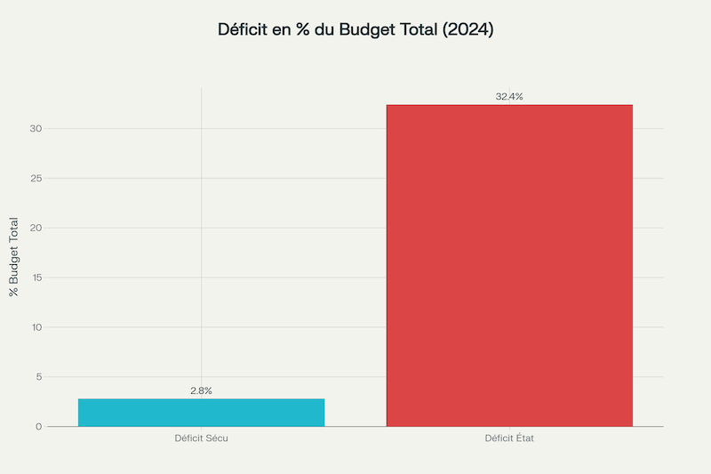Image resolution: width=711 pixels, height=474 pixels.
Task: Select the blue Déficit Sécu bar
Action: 201,413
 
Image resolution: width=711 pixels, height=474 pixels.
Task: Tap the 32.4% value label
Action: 509,96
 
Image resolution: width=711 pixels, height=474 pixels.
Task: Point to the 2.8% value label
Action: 201,390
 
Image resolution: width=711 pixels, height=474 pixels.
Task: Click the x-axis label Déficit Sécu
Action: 201,438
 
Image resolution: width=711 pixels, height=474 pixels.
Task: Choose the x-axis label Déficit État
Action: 509,438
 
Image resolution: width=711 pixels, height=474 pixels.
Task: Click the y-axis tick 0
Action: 39,427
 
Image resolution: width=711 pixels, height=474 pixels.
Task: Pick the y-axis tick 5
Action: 39,377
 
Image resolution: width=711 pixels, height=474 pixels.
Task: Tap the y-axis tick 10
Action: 36,327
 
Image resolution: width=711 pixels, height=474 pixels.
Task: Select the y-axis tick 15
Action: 36,277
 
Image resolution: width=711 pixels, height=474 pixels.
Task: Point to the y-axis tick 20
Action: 36,228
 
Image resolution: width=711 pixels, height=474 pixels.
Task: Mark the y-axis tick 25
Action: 36,178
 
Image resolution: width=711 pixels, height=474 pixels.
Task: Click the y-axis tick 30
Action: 36,129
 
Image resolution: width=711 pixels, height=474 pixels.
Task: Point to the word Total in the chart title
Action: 418,29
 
